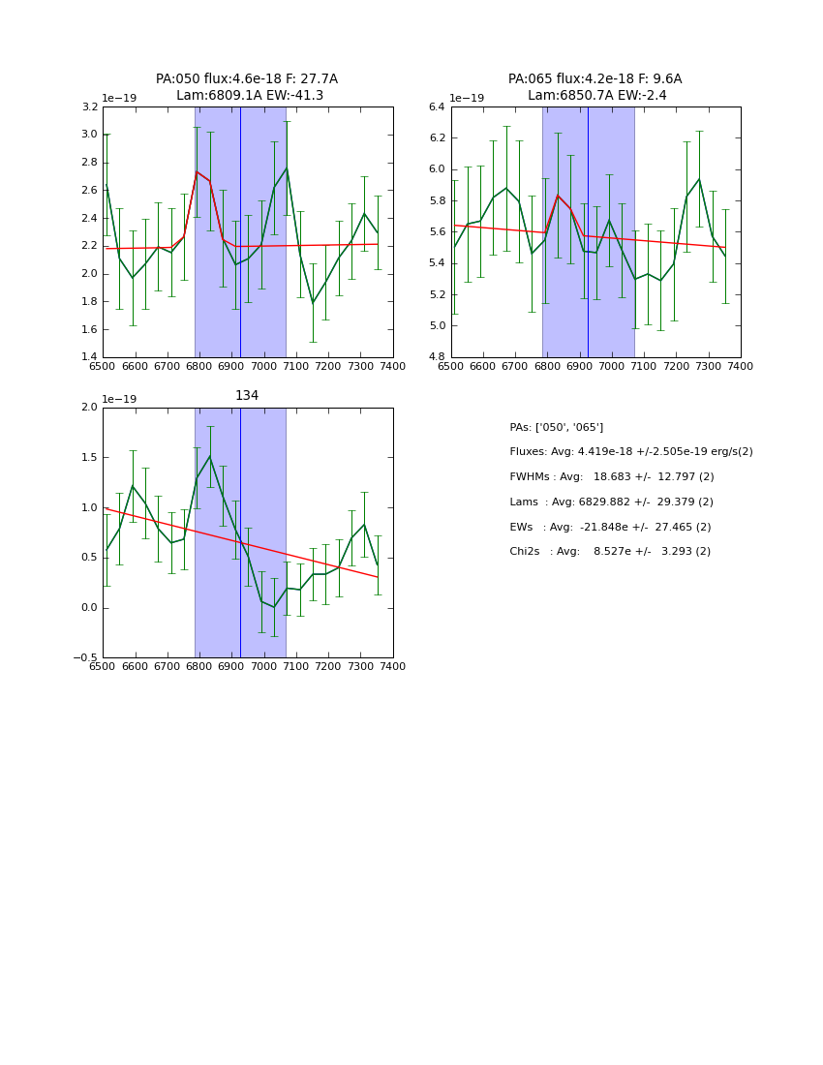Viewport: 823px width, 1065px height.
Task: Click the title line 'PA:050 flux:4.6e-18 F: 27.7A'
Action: pos(247,79)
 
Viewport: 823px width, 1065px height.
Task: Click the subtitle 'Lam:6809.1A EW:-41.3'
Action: pos(250,96)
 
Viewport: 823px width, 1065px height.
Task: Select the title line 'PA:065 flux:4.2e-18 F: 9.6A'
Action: pos(594,79)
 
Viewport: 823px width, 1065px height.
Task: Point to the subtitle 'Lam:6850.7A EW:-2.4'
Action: pos(595,96)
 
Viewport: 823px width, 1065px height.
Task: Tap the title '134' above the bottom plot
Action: pos(247,396)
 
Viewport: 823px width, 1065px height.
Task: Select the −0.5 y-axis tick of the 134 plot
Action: pos(84,658)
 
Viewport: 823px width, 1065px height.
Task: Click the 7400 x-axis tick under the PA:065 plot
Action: pos(740,366)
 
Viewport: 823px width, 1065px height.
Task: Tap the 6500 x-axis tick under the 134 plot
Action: pos(103,666)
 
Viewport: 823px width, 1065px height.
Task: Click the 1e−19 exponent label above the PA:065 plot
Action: pos(467,99)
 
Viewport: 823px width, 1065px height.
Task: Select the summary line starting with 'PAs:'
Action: pos(556,427)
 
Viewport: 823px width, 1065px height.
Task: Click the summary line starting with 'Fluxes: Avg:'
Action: pos(630,452)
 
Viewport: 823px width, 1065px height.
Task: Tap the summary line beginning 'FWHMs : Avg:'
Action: pos(611,477)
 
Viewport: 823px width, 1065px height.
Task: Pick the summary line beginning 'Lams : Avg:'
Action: pos(611,502)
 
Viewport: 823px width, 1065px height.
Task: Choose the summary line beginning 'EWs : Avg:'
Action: pos(611,528)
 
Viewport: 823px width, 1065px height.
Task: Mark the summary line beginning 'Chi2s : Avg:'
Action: pos(610,552)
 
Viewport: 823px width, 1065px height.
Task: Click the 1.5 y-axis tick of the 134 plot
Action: pos(89,457)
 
